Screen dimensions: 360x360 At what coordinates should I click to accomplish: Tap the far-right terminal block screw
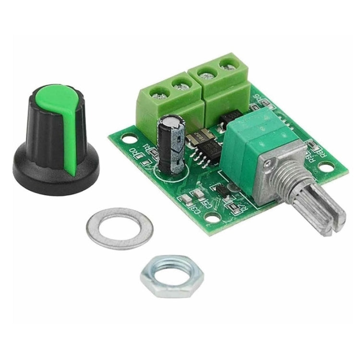(x=227, y=65)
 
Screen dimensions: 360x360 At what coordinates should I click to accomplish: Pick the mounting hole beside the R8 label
(x=328, y=167)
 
